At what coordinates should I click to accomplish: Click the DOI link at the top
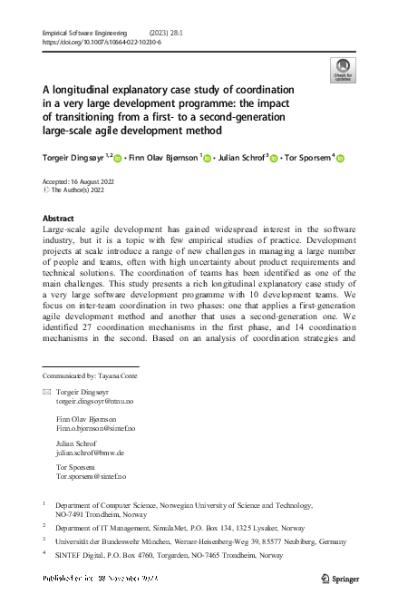[x=102, y=41]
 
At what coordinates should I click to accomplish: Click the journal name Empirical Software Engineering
[x=84, y=32]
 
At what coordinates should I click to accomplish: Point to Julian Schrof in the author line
[x=240, y=157]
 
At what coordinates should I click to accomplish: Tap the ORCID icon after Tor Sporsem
[x=342, y=158]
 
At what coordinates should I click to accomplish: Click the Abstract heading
[x=59, y=219]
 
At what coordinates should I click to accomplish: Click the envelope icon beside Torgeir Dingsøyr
[x=47, y=390]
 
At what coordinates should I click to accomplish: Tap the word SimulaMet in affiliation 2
[x=166, y=525]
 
